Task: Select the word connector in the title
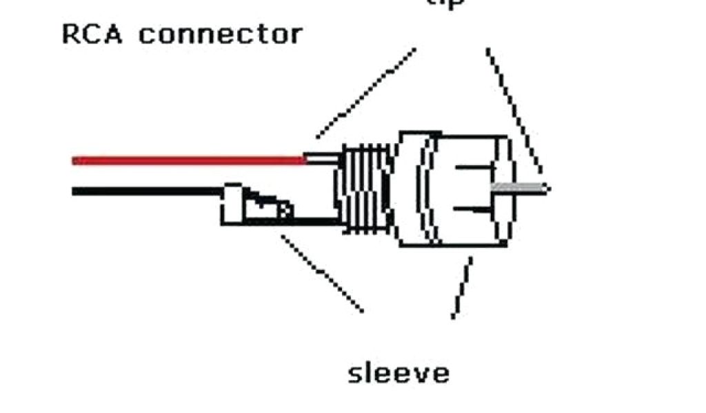pyautogui.click(x=220, y=34)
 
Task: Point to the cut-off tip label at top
pyautogui.click(x=446, y=3)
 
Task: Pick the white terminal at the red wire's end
pyautogui.click(x=323, y=160)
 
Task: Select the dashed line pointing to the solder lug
pyautogui.click(x=321, y=274)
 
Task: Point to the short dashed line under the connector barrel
pyautogui.click(x=463, y=288)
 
